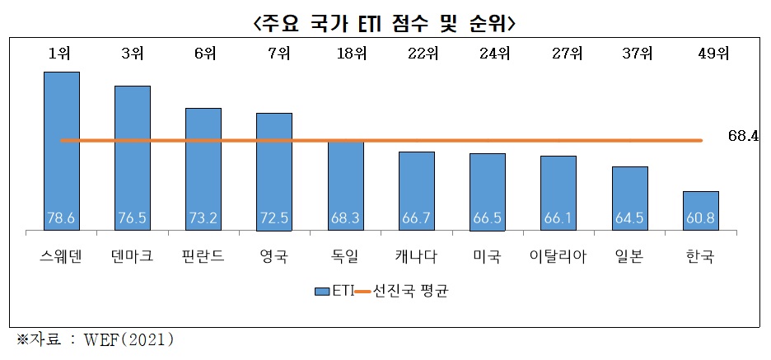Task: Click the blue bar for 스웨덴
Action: tap(62, 148)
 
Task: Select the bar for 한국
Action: tap(701, 209)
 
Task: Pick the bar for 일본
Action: tap(630, 197)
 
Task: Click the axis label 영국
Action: tap(274, 257)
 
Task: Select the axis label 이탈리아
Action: tap(558, 257)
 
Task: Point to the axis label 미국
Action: tap(488, 257)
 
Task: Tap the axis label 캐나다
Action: tap(417, 257)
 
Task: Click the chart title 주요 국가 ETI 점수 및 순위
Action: tap(385, 22)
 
